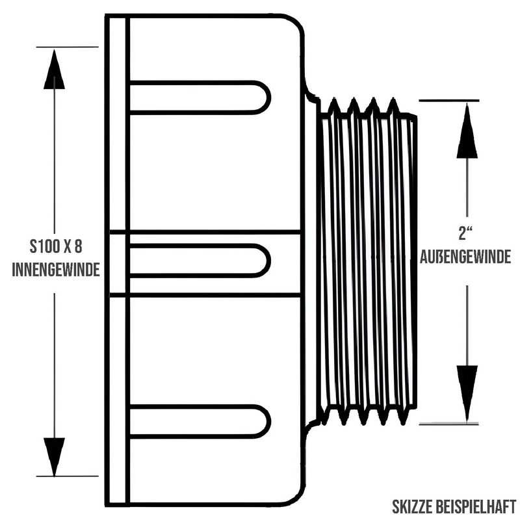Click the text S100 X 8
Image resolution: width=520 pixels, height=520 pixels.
56,246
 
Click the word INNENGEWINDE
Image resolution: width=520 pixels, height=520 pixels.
56,269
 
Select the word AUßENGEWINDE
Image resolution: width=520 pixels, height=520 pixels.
465,257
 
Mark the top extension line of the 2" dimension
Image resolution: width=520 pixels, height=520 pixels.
449,100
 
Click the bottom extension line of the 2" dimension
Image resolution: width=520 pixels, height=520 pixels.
449,424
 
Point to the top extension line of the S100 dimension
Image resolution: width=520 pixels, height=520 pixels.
68,47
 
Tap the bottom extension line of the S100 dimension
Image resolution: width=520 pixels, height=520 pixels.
68,476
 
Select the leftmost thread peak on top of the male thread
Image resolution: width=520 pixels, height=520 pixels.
334,99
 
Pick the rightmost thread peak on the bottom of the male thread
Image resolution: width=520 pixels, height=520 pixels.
402,424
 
